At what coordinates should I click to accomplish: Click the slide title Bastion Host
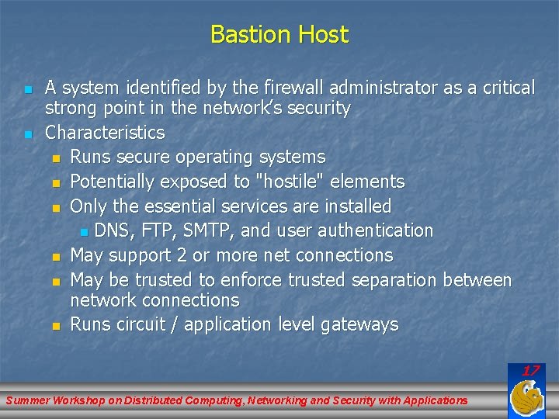[x=279, y=35]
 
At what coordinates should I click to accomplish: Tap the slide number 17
[x=530, y=371]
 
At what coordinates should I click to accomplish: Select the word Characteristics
[x=105, y=133]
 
